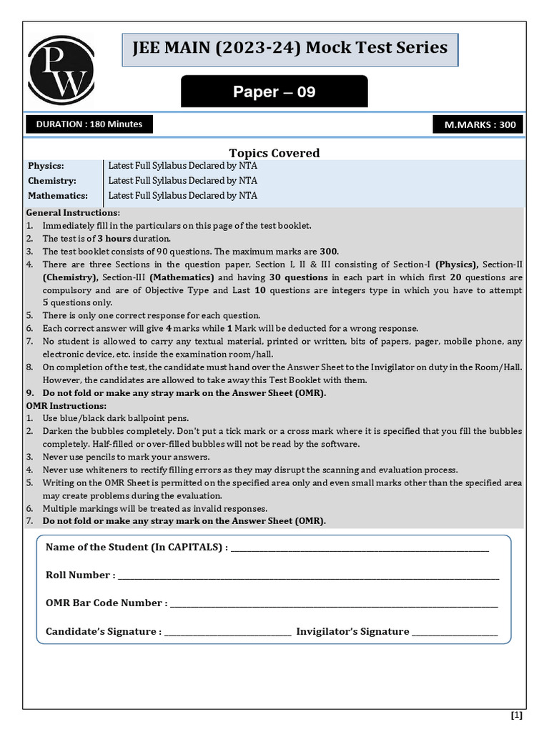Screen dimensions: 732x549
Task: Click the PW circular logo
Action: [x=61, y=69]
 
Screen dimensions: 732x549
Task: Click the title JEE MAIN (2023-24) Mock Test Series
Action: [x=290, y=49]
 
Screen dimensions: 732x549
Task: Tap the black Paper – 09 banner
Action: [x=274, y=92]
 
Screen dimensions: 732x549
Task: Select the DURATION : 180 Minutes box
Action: [x=89, y=124]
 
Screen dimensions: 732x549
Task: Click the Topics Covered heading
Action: [x=274, y=153]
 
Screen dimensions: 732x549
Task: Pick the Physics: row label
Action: [x=46, y=166]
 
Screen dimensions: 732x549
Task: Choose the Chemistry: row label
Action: [x=51, y=181]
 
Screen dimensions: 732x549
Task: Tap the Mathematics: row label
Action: [x=57, y=196]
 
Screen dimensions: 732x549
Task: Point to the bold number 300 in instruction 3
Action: [x=328, y=252]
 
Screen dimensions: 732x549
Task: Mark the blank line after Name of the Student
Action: [x=360, y=549]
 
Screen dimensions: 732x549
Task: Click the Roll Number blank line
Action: [x=308, y=576]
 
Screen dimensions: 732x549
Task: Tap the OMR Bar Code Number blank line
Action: [x=333, y=604]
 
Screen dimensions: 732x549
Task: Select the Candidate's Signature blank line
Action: [x=227, y=633]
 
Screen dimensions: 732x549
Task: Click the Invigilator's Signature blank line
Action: [x=455, y=633]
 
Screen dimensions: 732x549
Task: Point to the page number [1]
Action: [x=516, y=715]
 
